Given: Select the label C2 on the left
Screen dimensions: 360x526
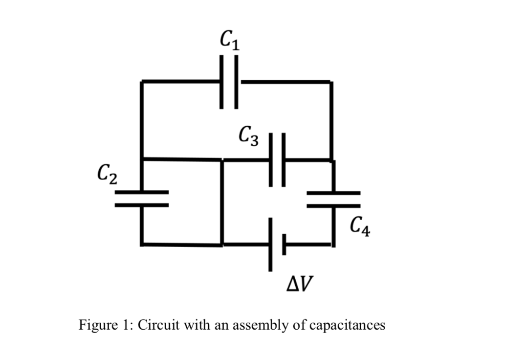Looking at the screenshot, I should pos(106,173).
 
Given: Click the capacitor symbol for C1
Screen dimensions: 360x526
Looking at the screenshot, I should pos(229,82).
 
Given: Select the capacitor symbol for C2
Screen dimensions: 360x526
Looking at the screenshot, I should pos(142,199).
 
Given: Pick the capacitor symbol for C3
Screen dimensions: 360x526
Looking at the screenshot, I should pos(277,159).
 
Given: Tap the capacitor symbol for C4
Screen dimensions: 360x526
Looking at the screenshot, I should pos(333,199).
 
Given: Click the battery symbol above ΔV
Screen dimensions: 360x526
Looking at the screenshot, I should pos(277,244).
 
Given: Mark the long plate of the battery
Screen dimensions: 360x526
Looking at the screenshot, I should pos(270,244).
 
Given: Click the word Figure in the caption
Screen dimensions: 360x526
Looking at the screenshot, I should pos(97,325).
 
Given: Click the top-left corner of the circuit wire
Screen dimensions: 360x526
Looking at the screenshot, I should pos(142,82).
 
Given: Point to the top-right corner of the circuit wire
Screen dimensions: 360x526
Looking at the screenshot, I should pos(331,82).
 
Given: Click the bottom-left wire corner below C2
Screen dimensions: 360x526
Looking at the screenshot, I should pos(142,244).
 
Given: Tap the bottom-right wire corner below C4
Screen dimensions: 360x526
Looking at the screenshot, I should pos(333,244).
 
